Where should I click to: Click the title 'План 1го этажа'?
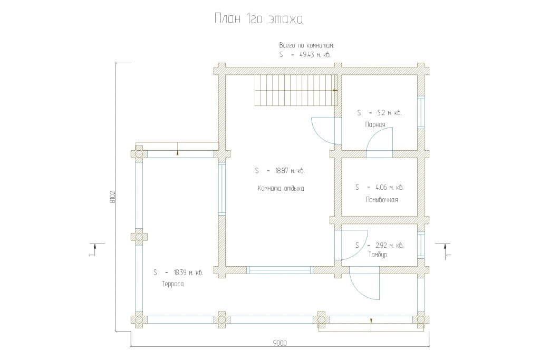258,19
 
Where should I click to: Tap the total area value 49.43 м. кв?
315,54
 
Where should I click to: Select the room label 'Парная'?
375,124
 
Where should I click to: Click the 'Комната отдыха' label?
281,188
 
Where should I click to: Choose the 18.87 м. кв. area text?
290,170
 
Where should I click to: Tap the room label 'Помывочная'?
382,200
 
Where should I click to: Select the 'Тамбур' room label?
378,255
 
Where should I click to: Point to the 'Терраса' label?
172,284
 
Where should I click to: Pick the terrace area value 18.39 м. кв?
188,273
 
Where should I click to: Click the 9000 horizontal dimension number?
279,343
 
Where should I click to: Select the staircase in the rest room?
296,90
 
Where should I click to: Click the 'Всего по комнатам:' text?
306,45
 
